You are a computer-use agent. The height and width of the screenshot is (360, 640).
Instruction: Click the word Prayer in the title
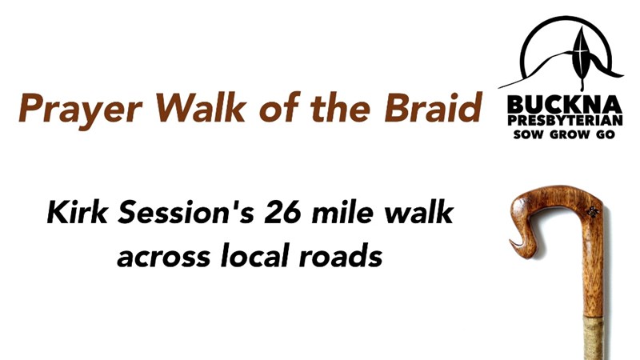tap(80, 109)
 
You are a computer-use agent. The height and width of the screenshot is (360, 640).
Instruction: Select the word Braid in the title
tap(434, 107)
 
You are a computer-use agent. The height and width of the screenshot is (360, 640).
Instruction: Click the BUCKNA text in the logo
tap(565, 105)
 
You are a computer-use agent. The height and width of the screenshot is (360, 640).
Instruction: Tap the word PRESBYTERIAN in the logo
tap(565, 121)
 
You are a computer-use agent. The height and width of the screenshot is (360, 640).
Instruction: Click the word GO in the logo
tap(606, 134)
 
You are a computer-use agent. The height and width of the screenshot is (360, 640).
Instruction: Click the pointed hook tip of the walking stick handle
tap(511, 242)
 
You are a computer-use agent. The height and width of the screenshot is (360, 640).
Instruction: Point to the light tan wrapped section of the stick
tap(592, 337)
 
